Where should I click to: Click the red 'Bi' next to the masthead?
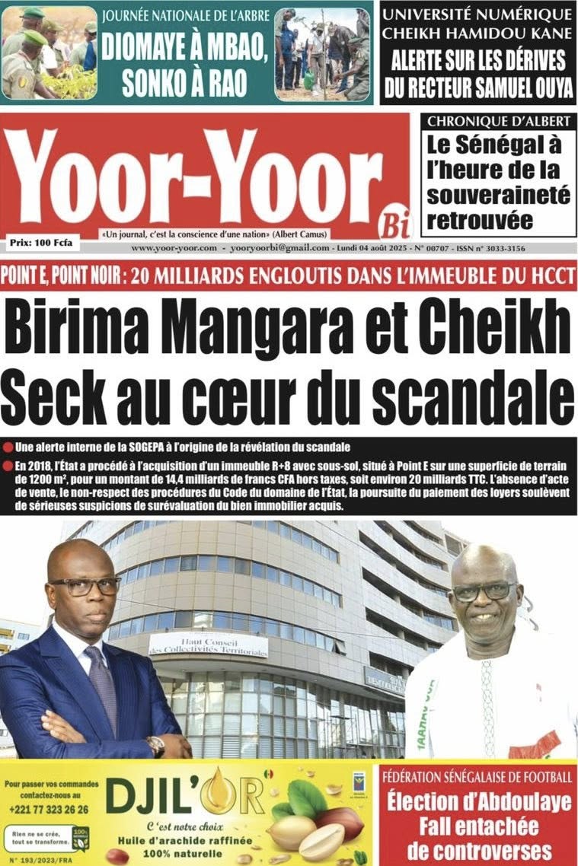click(x=394, y=226)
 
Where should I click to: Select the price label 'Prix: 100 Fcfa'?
click(x=41, y=243)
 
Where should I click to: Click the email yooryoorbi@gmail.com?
click(x=280, y=248)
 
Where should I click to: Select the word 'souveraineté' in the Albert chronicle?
click(x=498, y=196)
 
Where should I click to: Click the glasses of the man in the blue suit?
click(x=85, y=586)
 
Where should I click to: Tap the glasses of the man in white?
click(x=483, y=592)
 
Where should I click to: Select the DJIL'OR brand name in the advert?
click(x=184, y=797)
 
